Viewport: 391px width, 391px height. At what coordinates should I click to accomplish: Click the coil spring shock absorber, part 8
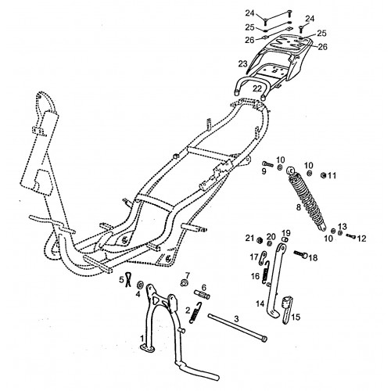click(306, 199)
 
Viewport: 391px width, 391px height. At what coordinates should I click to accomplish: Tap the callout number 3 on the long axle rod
click(236, 318)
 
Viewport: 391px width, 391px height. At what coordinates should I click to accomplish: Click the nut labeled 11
click(323, 175)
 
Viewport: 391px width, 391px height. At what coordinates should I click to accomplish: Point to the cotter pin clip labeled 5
click(127, 280)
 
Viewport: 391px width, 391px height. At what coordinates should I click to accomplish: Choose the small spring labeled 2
click(196, 313)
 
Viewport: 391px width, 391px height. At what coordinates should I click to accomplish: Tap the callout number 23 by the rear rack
click(242, 63)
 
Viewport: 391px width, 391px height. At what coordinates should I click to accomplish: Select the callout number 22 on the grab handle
click(256, 88)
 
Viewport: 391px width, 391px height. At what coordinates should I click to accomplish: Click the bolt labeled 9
click(268, 164)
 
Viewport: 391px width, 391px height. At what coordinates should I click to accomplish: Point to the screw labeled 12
click(351, 236)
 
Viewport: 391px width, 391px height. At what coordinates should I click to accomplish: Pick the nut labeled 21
click(260, 240)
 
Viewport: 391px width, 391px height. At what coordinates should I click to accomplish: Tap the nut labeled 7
click(184, 282)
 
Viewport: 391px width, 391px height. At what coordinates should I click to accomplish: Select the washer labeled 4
click(140, 285)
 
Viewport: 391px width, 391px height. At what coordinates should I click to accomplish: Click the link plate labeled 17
click(264, 257)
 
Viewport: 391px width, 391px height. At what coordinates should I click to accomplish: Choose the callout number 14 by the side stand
click(260, 303)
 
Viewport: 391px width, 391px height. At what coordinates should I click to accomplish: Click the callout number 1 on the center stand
click(142, 339)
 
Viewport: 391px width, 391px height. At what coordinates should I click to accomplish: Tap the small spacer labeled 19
click(285, 239)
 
